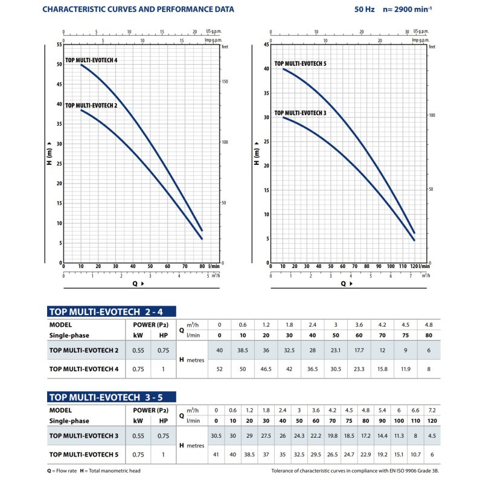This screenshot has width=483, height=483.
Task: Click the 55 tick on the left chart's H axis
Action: tap(59, 45)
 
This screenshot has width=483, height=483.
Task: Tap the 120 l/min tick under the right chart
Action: tap(414, 266)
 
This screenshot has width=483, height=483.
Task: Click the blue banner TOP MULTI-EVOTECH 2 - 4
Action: tap(110, 312)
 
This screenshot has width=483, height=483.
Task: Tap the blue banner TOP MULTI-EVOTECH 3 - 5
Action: tap(110, 397)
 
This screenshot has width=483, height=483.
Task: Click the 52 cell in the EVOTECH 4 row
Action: tap(219, 367)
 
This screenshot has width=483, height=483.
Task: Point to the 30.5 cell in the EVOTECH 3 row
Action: tap(215, 434)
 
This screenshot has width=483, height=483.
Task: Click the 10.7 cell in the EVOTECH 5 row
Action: tap(415, 452)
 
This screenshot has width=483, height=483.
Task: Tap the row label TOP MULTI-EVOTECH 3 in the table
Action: tap(84, 434)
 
